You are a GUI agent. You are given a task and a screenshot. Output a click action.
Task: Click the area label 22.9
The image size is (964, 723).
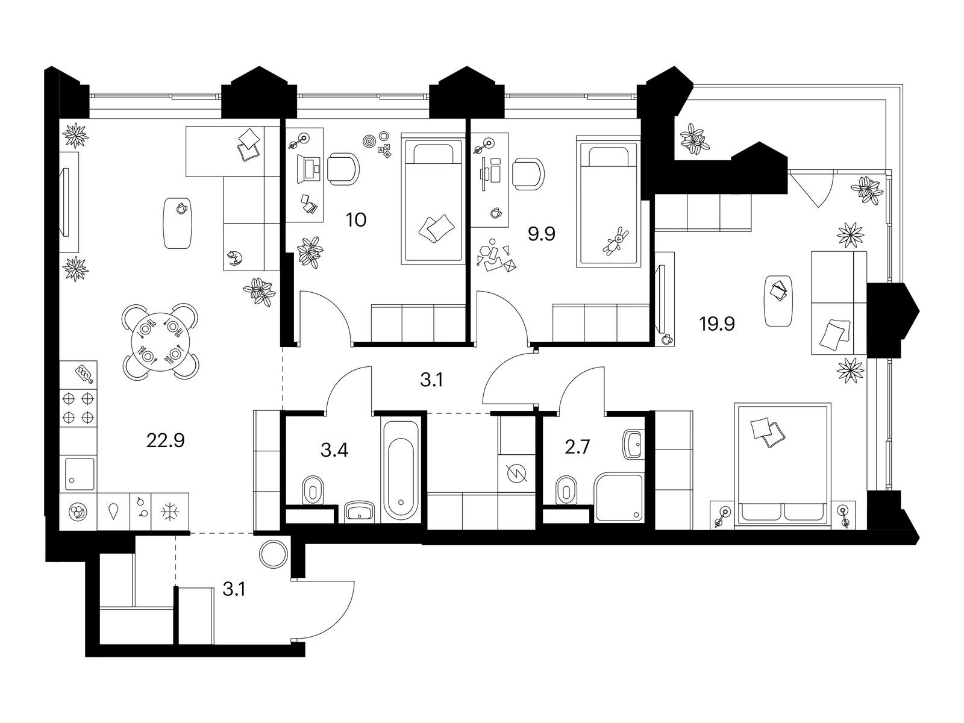pos(165,440)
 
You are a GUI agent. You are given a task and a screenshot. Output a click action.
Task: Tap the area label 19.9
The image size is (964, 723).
pos(717,325)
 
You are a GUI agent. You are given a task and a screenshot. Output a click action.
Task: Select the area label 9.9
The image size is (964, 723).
pos(541,234)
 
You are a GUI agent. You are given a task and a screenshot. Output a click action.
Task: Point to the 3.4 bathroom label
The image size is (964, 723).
pos(334,449)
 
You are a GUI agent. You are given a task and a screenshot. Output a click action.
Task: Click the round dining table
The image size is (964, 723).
pos(160,340)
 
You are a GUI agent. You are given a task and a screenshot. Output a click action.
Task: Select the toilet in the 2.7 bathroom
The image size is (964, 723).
pos(565,490)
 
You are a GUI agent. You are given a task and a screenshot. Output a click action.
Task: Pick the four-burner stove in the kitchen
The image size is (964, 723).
pos(78,407)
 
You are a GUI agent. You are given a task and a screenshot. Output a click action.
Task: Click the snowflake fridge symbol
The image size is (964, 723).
pos(169,512)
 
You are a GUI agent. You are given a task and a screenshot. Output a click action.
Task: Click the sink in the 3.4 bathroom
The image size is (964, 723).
pos(360,513)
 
